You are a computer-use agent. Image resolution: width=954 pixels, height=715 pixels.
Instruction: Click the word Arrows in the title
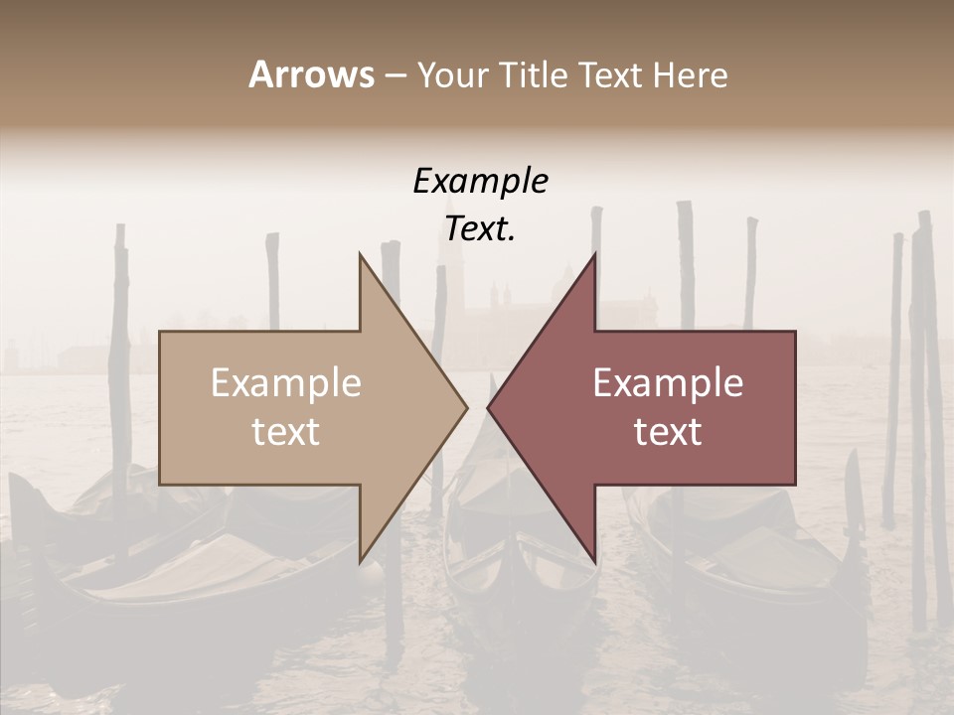312,74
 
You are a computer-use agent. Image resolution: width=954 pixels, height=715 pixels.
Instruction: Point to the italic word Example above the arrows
480,181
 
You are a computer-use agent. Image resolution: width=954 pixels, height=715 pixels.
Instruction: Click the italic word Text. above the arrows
480,229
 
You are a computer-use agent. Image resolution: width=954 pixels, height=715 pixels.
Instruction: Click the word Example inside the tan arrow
286,383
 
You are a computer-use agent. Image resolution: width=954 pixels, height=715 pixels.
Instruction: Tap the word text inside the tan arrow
286,432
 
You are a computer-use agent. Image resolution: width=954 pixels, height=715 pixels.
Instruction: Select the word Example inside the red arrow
668,383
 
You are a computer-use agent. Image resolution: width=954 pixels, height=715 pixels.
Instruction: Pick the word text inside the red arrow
668,432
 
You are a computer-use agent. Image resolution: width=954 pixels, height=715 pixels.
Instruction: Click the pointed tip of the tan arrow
465,407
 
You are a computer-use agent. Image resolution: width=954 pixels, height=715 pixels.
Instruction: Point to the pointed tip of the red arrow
490,407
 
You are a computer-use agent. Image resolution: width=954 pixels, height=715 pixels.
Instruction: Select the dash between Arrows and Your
395,75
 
